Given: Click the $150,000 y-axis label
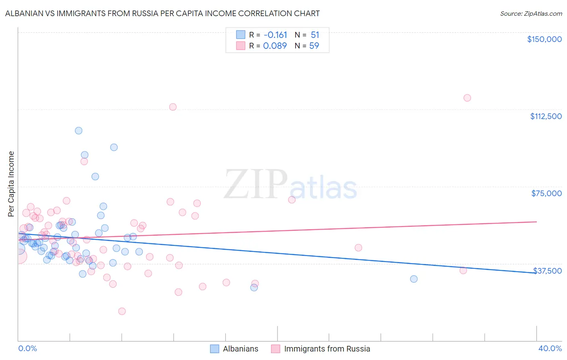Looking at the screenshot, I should pyautogui.click(x=544, y=39).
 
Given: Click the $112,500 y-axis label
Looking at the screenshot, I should pyautogui.click(x=546, y=116).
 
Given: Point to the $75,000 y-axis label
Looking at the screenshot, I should pyautogui.click(x=546, y=193).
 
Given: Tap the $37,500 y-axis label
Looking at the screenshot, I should pyautogui.click(x=547, y=271).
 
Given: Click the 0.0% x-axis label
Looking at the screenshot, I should pyautogui.click(x=27, y=348).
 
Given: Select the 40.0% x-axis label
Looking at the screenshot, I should pyautogui.click(x=550, y=348).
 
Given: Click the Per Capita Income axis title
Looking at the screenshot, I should pyautogui.click(x=11, y=184).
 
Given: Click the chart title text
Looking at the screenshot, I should pyautogui.click(x=162, y=13).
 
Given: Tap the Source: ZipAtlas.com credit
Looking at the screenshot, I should pyautogui.click(x=531, y=14).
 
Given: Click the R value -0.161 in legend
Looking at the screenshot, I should pyautogui.click(x=275, y=35).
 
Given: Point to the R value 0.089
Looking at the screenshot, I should pyautogui.click(x=275, y=46).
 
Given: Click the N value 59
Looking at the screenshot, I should pyautogui.click(x=314, y=46).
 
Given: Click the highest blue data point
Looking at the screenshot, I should pyautogui.click(x=79, y=131).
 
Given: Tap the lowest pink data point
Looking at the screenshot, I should pyautogui.click(x=122, y=311).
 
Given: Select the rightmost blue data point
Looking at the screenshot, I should pyautogui.click(x=413, y=279).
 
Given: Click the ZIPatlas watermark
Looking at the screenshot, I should pyautogui.click(x=290, y=185).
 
